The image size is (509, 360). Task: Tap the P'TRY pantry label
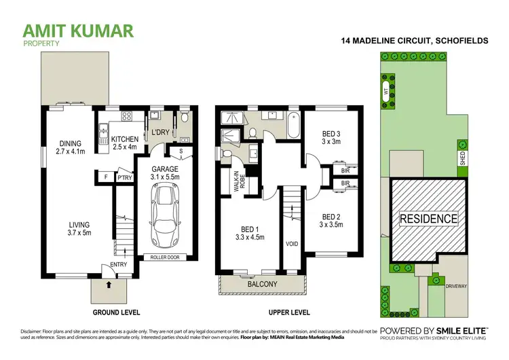click(124, 179)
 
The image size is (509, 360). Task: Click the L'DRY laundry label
click(161, 132)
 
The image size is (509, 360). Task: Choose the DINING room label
click(70, 143)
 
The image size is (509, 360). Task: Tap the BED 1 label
click(248, 230)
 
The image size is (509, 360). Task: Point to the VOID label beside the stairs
click(293, 242)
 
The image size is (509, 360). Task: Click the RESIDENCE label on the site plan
click(428, 219)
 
